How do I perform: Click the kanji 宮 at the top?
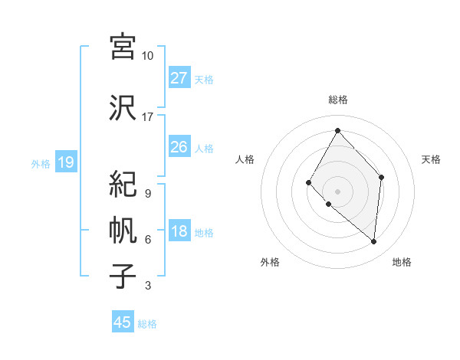[x=123, y=47]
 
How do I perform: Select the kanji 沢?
[x=123, y=108]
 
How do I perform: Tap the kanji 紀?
[x=123, y=185]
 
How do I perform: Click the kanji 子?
[x=123, y=277]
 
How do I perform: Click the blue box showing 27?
[x=179, y=78]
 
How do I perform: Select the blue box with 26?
[x=179, y=147]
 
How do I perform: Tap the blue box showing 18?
[x=179, y=231]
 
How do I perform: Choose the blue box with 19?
[x=66, y=162]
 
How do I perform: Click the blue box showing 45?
[x=123, y=322]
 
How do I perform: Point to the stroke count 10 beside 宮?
[x=148, y=56]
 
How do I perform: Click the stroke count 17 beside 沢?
[x=148, y=117]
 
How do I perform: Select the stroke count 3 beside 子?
[x=148, y=286]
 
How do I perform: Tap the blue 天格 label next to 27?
[x=204, y=79]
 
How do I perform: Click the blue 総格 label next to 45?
[x=147, y=323]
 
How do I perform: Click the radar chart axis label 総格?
[x=337, y=100]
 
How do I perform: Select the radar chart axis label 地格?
[x=402, y=263]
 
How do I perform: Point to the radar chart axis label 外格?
[x=270, y=263]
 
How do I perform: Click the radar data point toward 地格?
[x=374, y=242]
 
